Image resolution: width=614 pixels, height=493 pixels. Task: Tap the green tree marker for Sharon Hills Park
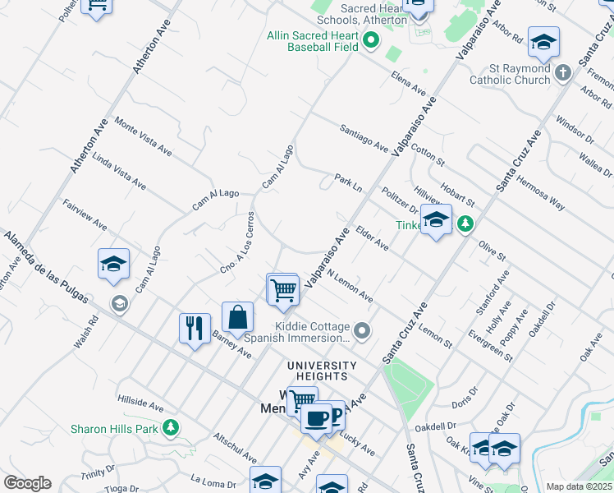tap(171, 427)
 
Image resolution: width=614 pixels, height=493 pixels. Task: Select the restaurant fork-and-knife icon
tap(195, 329)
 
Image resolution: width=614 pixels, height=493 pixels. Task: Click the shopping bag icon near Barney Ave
tap(237, 317)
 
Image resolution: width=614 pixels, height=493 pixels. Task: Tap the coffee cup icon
tap(315, 418)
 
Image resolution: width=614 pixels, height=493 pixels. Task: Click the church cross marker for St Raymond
tap(563, 74)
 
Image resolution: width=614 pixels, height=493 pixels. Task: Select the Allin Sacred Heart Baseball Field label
tap(313, 41)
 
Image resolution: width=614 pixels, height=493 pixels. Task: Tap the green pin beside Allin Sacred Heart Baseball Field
tap(371, 39)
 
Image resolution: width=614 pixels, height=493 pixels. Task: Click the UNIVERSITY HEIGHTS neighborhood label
tap(322, 371)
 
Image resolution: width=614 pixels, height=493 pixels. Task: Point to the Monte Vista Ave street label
tap(143, 137)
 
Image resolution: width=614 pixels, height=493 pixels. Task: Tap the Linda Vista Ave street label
tap(118, 172)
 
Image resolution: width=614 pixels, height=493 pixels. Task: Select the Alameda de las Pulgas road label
tap(45, 266)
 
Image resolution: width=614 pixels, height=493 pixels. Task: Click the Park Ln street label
tap(348, 182)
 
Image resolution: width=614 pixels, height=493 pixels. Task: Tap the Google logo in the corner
tap(27, 483)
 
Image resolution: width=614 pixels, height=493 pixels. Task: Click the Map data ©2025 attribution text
tap(579, 486)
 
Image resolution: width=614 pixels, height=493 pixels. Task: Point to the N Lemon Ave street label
tap(350, 287)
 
